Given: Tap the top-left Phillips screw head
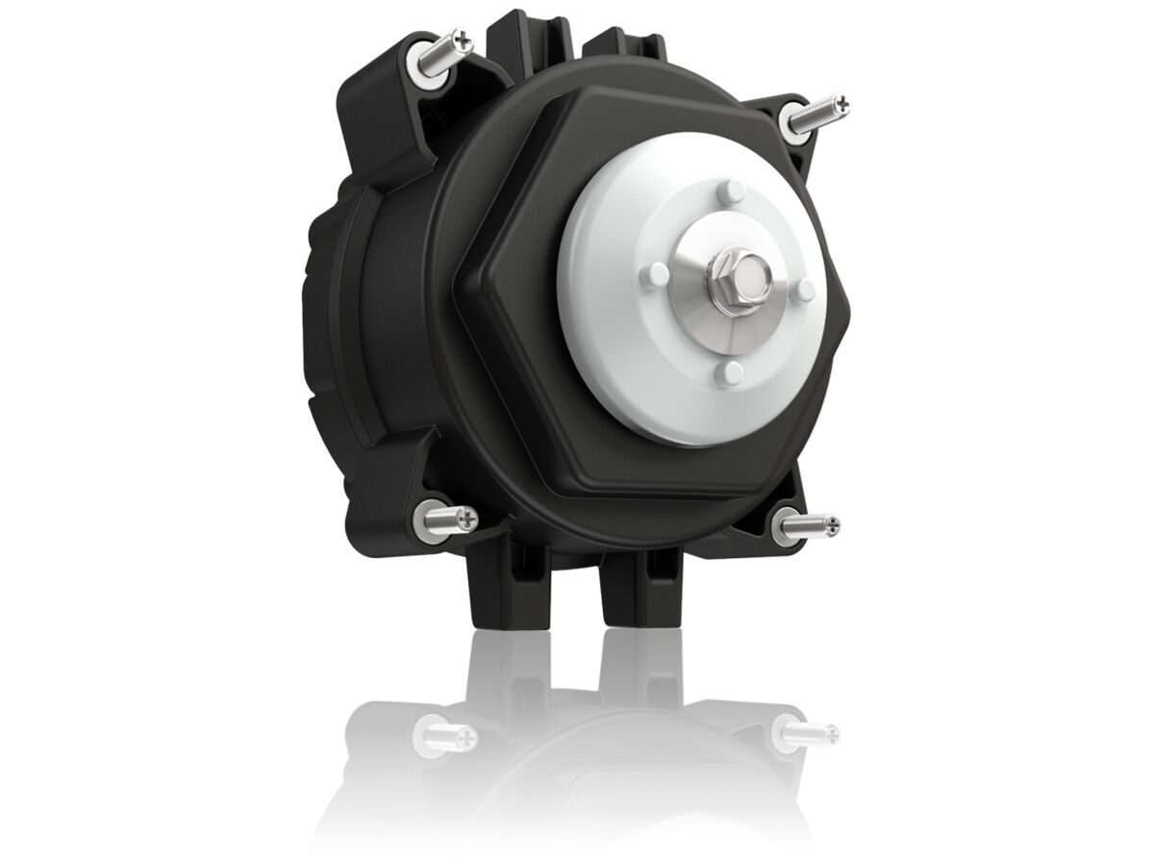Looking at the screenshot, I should [x=465, y=39].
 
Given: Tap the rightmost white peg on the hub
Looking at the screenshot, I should [x=806, y=289].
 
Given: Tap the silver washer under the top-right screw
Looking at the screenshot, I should [x=798, y=118].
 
